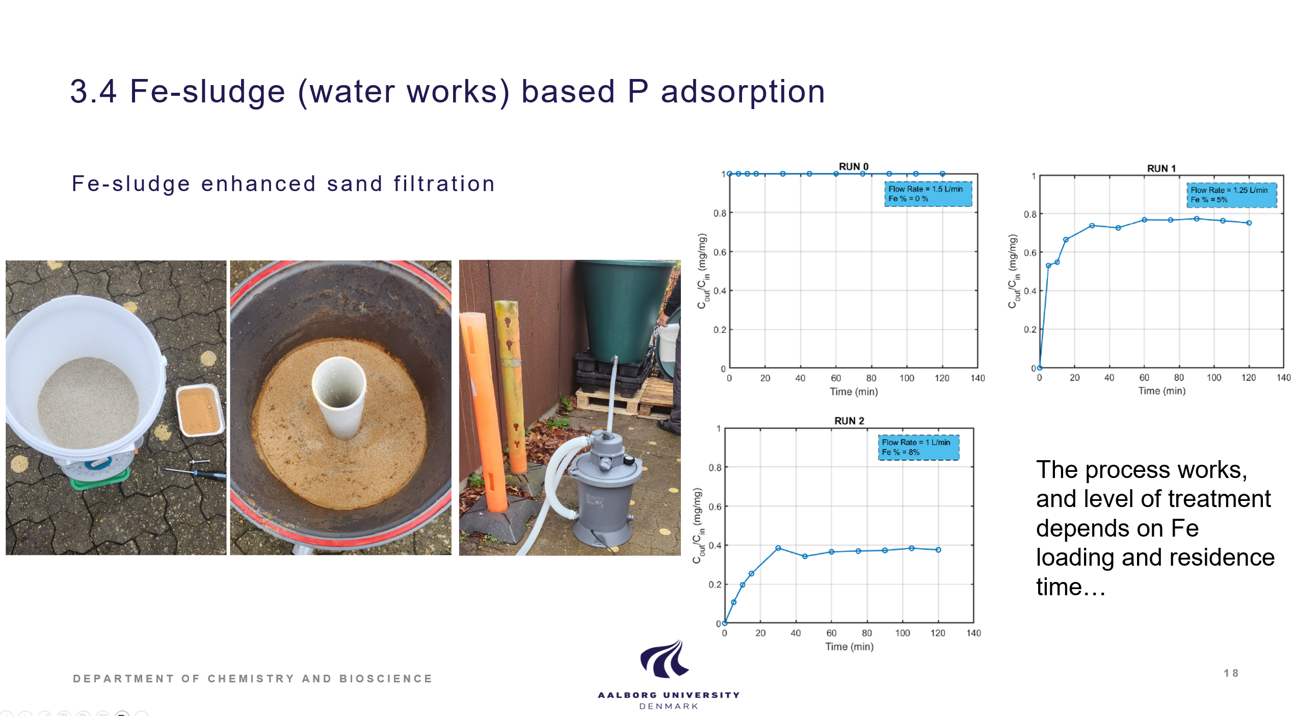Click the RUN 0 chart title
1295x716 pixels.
point(853,167)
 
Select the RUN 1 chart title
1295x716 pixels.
point(1161,168)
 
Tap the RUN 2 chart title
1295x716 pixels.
point(849,420)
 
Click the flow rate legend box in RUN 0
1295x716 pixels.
point(928,194)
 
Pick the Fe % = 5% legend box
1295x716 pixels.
point(1231,195)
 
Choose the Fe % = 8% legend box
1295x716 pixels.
point(918,447)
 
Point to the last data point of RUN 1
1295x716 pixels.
point(1249,223)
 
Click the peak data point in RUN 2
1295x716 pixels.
point(778,548)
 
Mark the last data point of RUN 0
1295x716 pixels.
point(942,174)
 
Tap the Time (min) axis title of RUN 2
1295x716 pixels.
point(849,646)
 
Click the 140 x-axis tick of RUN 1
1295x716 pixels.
point(1283,378)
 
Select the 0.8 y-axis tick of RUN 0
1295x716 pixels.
point(719,213)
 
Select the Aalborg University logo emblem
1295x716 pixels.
point(664,659)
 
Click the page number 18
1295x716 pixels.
point(1231,673)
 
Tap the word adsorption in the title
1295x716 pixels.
point(743,92)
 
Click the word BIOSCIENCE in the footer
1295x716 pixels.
point(386,678)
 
